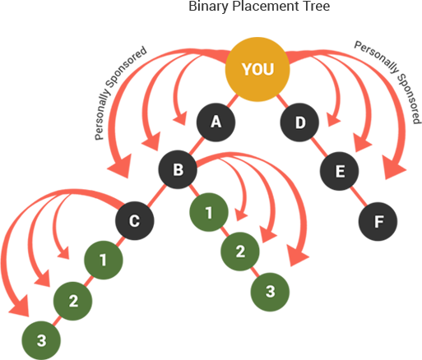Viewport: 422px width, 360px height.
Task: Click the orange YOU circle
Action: click(x=257, y=69)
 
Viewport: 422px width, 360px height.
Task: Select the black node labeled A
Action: click(x=216, y=122)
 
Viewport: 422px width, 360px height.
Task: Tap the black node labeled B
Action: click(x=178, y=169)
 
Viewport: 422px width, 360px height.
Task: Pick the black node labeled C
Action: click(x=134, y=220)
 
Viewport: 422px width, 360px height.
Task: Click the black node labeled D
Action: click(x=299, y=122)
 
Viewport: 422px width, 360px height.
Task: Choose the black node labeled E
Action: click(x=339, y=171)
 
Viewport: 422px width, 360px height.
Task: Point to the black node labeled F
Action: click(x=378, y=221)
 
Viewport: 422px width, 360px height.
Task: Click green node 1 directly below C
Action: click(x=104, y=260)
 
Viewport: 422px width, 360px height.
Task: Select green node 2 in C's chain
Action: click(x=72, y=301)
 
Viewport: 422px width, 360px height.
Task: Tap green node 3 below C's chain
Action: click(x=41, y=340)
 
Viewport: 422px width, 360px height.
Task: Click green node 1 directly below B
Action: click(x=209, y=212)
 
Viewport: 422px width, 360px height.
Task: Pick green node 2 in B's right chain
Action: click(x=240, y=252)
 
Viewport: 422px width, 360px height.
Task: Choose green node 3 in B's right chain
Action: click(x=270, y=292)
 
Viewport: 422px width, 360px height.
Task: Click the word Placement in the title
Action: click(x=266, y=6)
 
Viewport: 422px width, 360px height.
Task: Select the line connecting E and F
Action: click(x=359, y=196)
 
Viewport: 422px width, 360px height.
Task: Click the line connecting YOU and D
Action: click(x=282, y=101)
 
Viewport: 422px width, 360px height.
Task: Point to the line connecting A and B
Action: click(x=197, y=145)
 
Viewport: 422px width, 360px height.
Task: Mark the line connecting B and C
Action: click(x=156, y=195)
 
